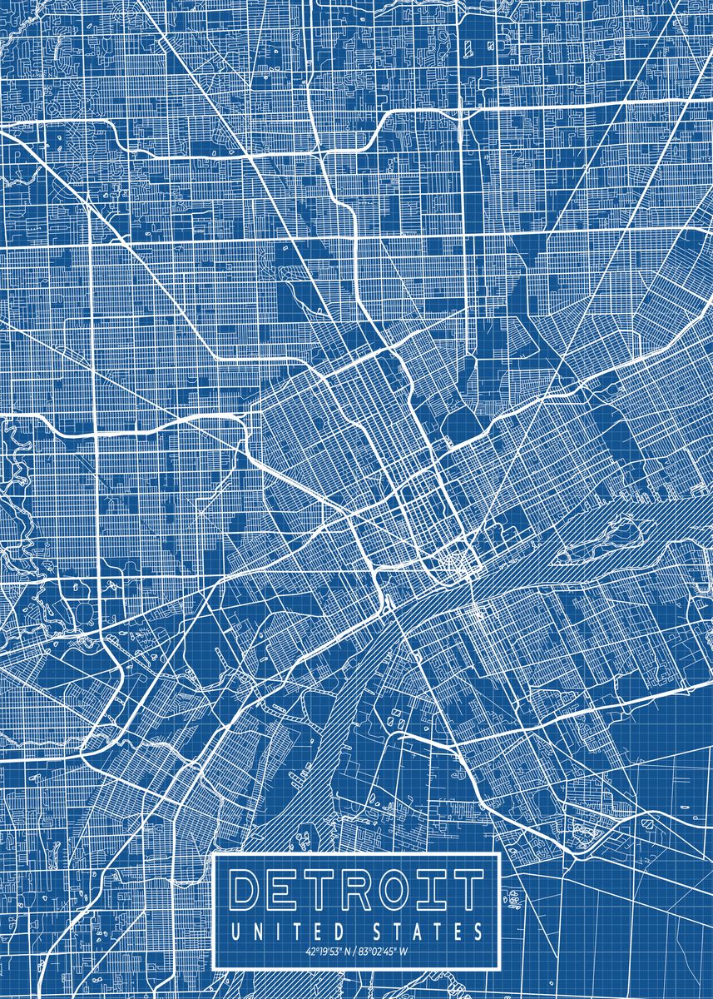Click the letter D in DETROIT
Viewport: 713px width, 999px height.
(x=247, y=890)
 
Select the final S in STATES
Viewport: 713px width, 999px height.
(x=477, y=930)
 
